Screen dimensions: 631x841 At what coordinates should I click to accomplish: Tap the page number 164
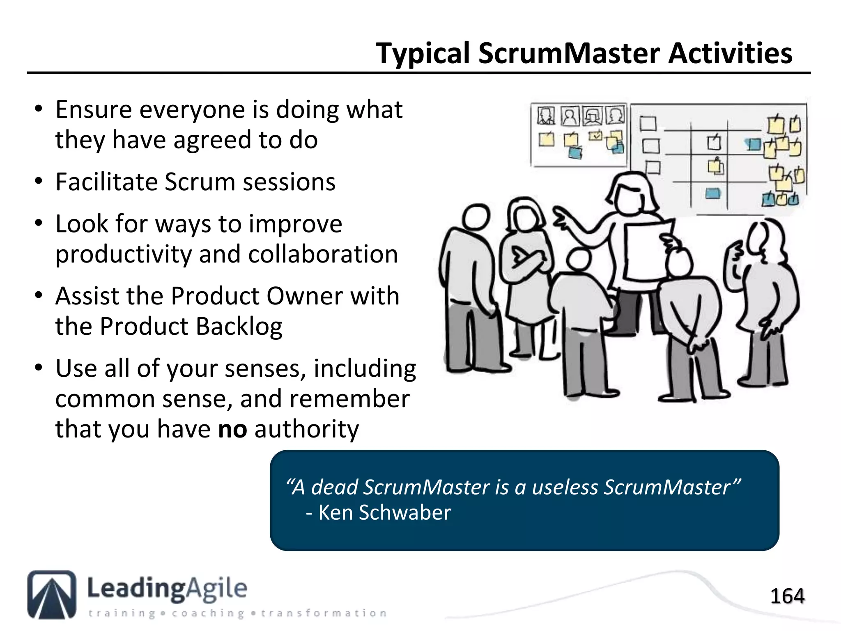coord(787,596)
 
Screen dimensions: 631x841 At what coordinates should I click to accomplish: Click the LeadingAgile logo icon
coord(52,594)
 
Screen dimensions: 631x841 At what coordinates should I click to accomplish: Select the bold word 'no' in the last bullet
coord(232,429)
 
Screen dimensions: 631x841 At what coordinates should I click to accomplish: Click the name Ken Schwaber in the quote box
coord(384,513)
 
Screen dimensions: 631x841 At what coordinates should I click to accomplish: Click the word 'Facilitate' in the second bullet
coord(106,182)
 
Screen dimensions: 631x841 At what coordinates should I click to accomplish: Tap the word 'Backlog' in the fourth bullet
coord(239,327)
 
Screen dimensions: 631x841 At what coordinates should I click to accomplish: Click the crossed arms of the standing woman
coord(528,259)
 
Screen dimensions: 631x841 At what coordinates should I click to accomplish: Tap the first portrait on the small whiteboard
coord(546,116)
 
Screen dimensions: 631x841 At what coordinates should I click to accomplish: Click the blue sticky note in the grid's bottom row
coord(713,193)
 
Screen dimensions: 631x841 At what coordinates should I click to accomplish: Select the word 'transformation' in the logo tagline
coord(324,613)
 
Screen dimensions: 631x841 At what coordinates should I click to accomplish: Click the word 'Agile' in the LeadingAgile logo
coord(217,588)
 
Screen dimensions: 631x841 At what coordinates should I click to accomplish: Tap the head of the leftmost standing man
coord(476,216)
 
